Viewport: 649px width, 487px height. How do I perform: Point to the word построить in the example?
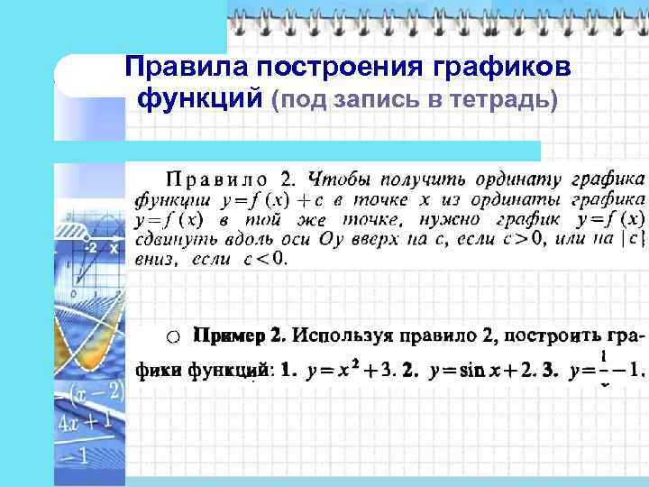[554, 336]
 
